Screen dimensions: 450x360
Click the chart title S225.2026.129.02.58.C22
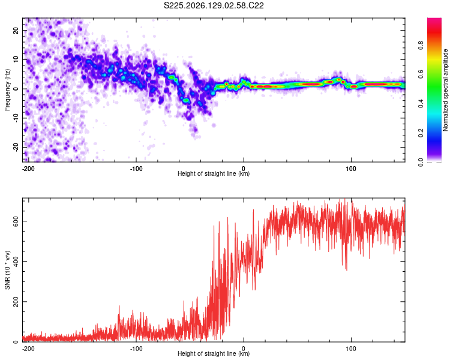(x=214, y=6)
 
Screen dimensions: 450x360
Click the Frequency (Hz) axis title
(x=7, y=90)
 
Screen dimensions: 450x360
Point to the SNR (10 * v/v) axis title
(x=7, y=270)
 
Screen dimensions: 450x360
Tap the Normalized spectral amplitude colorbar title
(x=445, y=90)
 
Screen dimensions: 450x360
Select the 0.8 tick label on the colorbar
(x=421, y=46)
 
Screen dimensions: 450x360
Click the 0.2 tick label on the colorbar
(x=421, y=133)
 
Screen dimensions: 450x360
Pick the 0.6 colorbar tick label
(x=421, y=74)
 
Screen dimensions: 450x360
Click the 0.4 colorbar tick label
(x=421, y=104)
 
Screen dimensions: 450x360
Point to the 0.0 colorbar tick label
(x=421, y=163)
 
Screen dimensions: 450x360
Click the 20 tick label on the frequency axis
(x=16, y=31)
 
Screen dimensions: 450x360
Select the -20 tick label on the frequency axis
(x=16, y=147)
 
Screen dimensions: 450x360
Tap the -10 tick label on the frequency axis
(x=16, y=118)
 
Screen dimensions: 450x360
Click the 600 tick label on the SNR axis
(x=16, y=221)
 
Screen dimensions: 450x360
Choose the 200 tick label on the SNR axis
(x=16, y=302)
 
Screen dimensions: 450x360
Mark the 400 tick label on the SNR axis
(x=16, y=262)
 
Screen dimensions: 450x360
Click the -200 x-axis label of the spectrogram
(x=28, y=169)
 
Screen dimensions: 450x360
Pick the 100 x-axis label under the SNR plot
(x=351, y=349)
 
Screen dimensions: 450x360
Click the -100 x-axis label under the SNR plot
(x=136, y=349)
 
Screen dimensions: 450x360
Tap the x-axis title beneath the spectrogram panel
(x=214, y=173)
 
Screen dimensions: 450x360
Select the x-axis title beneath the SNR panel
(x=214, y=353)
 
